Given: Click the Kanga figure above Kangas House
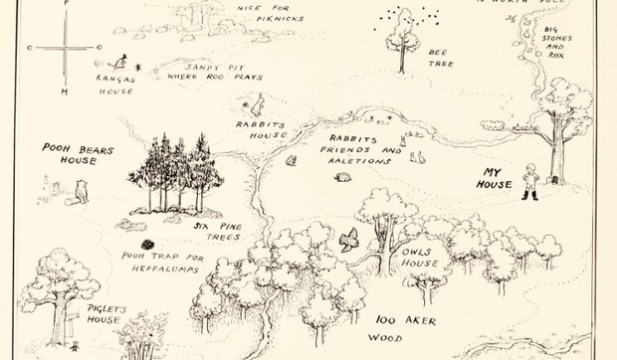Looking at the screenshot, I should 123,61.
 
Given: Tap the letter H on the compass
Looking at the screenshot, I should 64,91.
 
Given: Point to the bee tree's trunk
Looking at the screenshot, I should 402,60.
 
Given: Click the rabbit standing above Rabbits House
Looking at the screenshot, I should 257,102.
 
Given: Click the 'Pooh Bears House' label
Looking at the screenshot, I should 79,155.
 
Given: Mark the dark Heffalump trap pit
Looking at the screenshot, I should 146,244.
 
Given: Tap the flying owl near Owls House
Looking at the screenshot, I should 348,239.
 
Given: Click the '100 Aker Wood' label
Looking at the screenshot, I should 406,329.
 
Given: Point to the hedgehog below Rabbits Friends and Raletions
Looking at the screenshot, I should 343,177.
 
